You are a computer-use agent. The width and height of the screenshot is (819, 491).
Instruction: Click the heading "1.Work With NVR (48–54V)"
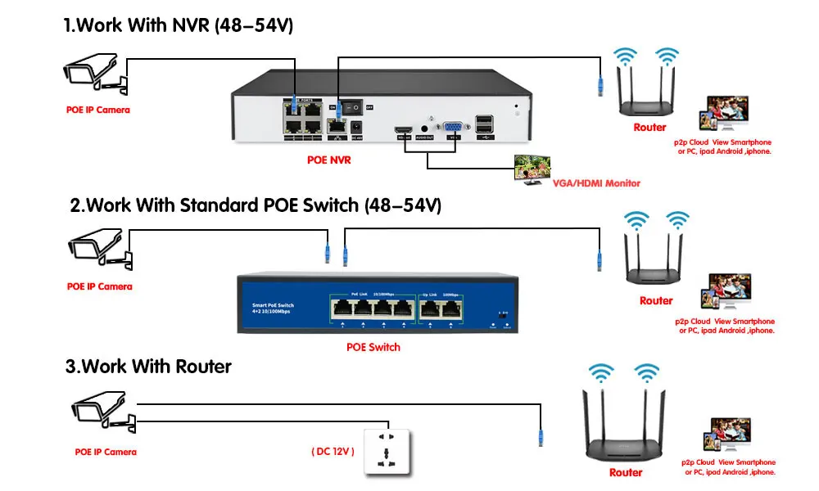pyautogui.click(x=178, y=26)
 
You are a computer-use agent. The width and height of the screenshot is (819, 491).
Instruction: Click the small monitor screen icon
pyautogui.click(x=530, y=169)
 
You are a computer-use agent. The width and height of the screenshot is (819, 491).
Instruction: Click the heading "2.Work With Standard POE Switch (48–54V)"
pyautogui.click(x=256, y=205)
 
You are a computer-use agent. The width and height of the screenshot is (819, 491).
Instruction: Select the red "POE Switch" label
pyautogui.click(x=373, y=347)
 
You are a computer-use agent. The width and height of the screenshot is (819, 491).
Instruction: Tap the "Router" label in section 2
pyautogui.click(x=656, y=300)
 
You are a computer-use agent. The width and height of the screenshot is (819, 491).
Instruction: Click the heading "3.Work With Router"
pyautogui.click(x=148, y=366)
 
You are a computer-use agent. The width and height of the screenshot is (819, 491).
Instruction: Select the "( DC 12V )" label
pyautogui.click(x=333, y=450)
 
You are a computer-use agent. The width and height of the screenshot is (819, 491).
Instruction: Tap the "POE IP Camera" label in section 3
pyautogui.click(x=106, y=452)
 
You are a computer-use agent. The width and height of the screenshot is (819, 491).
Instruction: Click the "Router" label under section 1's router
pyautogui.click(x=649, y=128)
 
